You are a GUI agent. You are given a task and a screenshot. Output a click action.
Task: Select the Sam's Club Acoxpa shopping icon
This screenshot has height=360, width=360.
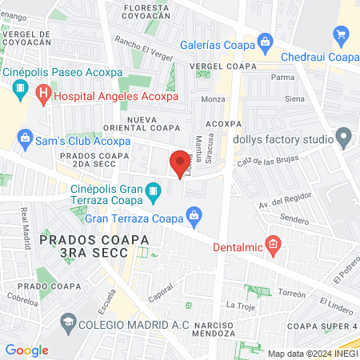[26, 138]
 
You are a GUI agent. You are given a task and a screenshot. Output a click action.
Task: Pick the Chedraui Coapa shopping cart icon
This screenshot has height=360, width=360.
[342, 34]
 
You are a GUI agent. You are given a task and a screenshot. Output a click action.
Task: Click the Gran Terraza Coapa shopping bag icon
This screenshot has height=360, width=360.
[193, 214]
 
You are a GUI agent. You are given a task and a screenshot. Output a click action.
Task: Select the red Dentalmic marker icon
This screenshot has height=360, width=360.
[274, 242]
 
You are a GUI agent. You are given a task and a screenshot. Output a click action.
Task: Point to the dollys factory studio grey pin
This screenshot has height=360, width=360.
[343, 138]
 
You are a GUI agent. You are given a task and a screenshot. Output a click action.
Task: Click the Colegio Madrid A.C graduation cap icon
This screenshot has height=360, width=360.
[68, 322]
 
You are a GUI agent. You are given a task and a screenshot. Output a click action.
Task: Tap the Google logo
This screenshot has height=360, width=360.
[26, 350]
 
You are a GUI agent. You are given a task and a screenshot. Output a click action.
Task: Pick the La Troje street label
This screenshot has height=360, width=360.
[239, 305]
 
